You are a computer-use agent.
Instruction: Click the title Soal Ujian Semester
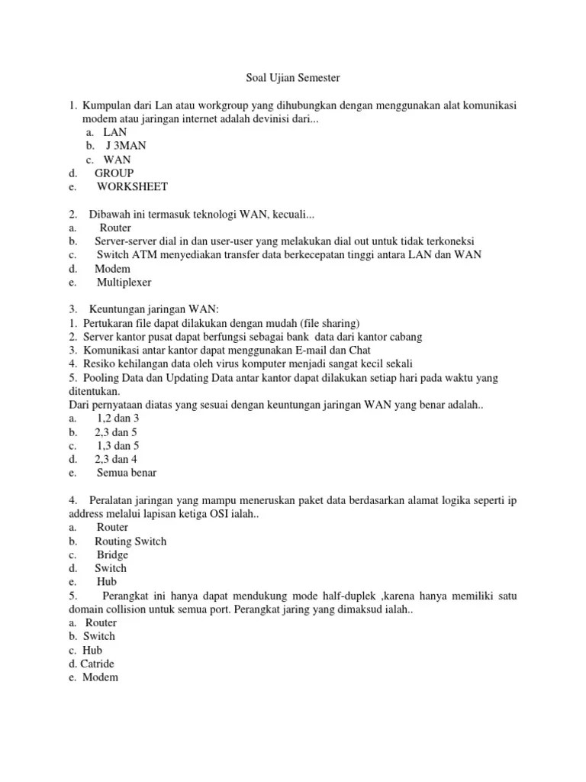click(292, 77)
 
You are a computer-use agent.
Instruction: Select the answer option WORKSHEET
click(132, 186)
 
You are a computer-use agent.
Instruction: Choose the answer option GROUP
click(114, 173)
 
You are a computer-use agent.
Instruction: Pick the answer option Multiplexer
click(124, 283)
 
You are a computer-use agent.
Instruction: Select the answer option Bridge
click(112, 554)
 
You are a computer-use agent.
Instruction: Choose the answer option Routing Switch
click(130, 541)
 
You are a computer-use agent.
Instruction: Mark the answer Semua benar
click(127, 473)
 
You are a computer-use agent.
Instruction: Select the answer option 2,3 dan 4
click(116, 459)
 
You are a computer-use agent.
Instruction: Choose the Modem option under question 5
click(100, 677)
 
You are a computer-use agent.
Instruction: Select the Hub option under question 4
click(107, 582)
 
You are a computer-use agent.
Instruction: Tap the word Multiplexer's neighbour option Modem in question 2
click(113, 269)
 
